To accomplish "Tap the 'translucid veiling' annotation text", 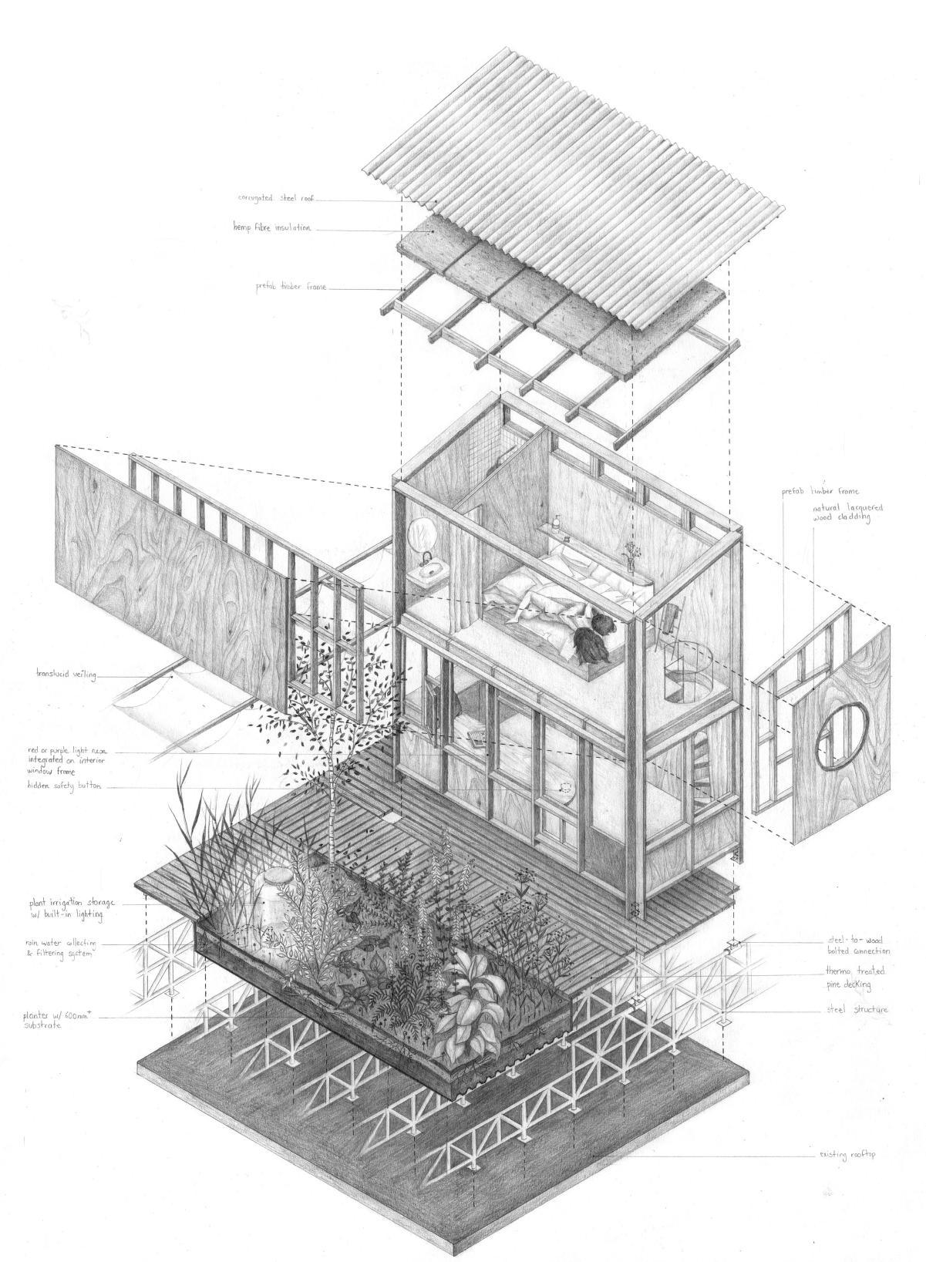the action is click(66, 675).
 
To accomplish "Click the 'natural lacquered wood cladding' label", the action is click(841, 513).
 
